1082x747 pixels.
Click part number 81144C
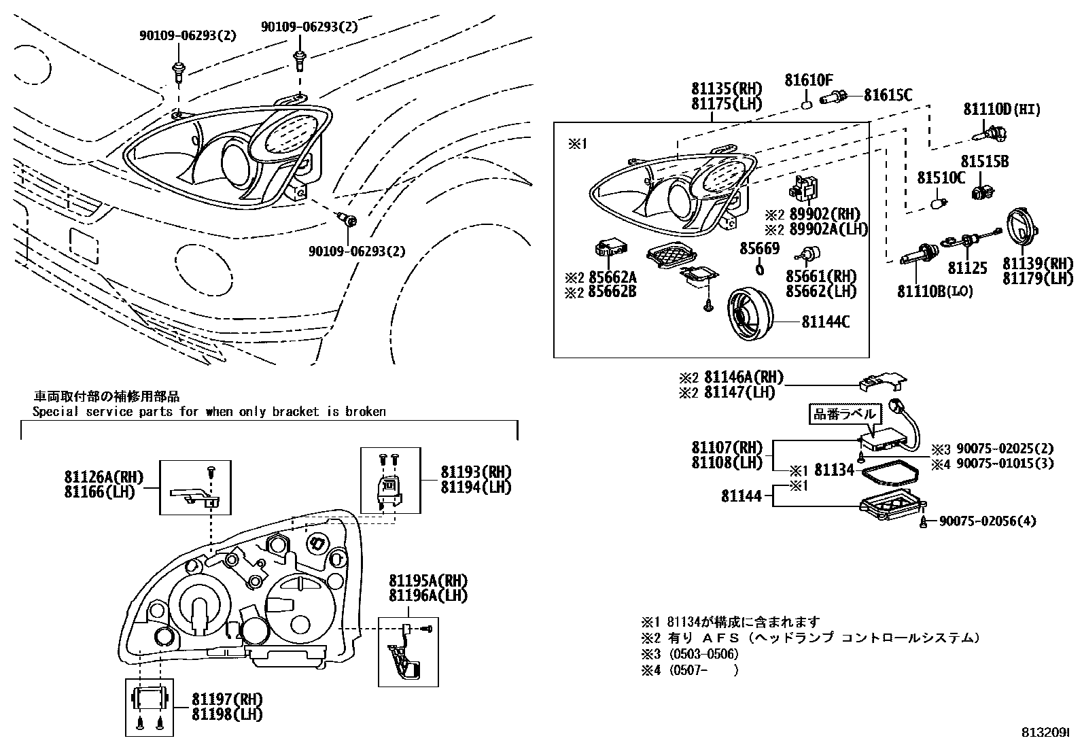pyautogui.click(x=825, y=322)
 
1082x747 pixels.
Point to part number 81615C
pyautogui.click(x=888, y=96)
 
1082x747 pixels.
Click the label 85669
pyautogui.click(x=759, y=249)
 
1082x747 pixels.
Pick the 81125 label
pyautogui.click(x=967, y=268)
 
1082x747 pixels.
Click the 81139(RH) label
pyautogui.click(x=1037, y=264)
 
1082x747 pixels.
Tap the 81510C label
pyautogui.click(x=941, y=178)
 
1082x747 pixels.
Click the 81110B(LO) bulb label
pyautogui.click(x=935, y=292)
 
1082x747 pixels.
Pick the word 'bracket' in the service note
pyautogui.click(x=295, y=411)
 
